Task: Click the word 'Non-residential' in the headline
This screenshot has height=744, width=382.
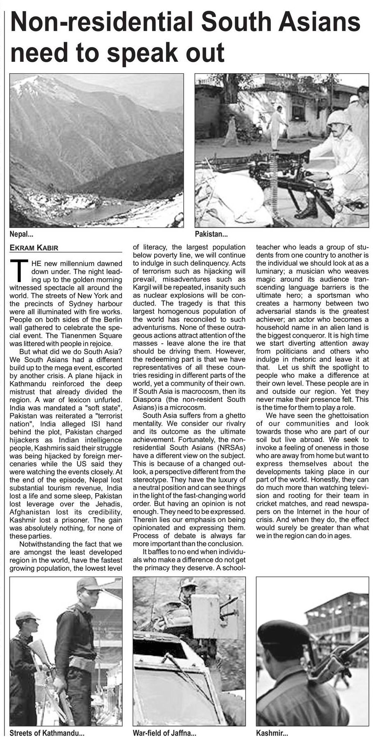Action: [x=96, y=23]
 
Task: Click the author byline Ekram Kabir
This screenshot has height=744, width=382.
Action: [x=34, y=248]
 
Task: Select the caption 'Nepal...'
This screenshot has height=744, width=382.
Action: [x=21, y=234]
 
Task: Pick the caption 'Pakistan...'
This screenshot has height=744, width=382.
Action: [x=211, y=234]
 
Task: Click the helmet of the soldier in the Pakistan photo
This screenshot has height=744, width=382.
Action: [x=339, y=118]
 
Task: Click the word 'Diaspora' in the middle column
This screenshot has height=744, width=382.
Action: [x=147, y=399]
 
